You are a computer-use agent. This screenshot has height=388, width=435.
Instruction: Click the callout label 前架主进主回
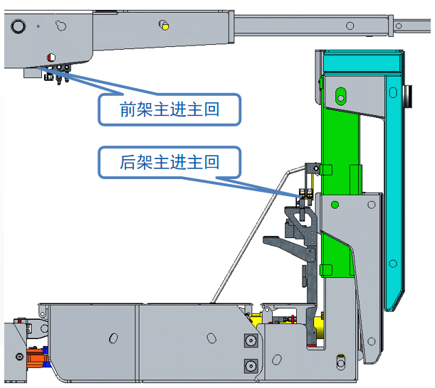click(169, 109)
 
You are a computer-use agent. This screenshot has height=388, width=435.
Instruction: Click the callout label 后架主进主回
click(169, 162)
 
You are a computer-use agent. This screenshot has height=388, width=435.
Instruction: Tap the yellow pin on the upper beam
click(165, 26)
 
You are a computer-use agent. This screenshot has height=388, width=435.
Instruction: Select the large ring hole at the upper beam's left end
click(18, 26)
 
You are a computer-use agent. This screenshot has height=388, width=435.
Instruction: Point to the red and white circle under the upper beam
click(51, 58)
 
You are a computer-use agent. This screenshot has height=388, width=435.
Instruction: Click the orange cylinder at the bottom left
click(35, 357)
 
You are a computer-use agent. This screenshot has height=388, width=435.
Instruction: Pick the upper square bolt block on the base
click(251, 340)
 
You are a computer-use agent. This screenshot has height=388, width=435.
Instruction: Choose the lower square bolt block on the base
click(251, 366)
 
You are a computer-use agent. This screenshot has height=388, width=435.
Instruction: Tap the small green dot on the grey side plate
click(335, 205)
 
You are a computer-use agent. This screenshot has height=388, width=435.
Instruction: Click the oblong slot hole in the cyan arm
click(393, 92)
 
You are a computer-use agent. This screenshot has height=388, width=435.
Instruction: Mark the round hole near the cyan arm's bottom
click(393, 263)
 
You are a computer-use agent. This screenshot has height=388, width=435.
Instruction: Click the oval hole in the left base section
click(113, 338)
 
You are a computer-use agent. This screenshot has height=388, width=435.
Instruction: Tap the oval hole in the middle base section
click(211, 338)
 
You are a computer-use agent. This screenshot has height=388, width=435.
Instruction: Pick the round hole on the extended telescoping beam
click(350, 26)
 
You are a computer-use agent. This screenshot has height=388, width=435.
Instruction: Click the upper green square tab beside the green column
click(327, 170)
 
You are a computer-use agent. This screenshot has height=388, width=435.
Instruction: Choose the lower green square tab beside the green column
click(326, 270)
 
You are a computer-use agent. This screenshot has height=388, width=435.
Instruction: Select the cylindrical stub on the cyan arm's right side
click(408, 96)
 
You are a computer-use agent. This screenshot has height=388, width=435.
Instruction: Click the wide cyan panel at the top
click(362, 62)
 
